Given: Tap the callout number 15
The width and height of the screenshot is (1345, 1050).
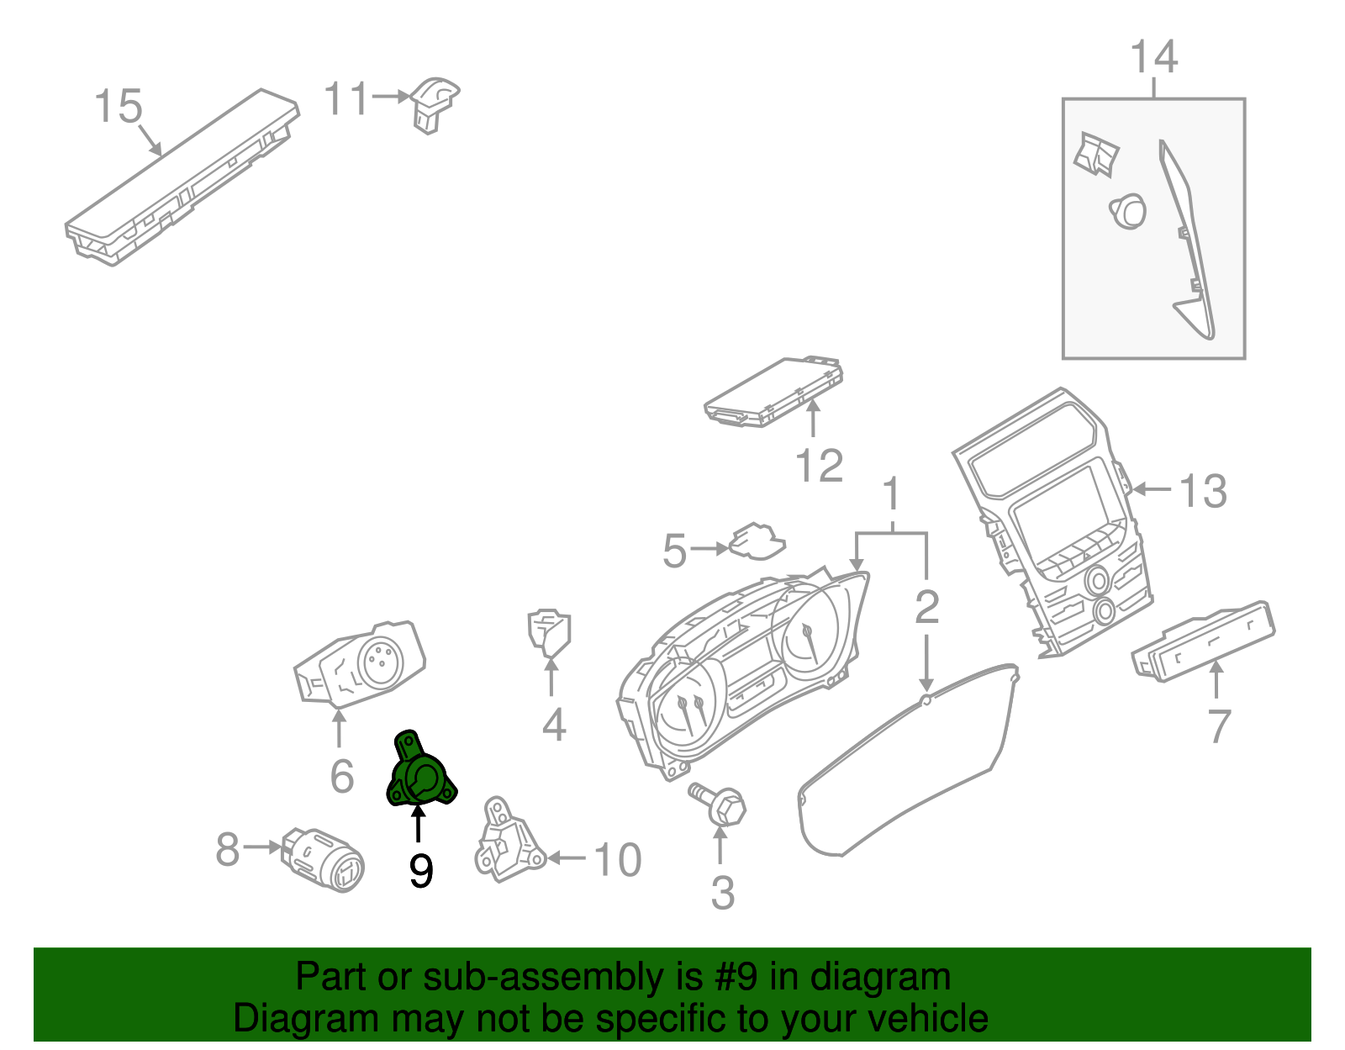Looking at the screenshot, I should [x=118, y=107].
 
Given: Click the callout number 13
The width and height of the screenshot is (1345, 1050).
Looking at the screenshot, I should [x=1202, y=491].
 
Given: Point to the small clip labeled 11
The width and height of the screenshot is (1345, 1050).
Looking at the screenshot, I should [x=433, y=104].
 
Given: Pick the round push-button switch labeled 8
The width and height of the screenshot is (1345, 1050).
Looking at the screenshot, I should [x=326, y=859].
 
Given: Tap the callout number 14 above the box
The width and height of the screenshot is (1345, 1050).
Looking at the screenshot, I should [x=1153, y=57].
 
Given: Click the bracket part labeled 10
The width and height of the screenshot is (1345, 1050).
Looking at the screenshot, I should [x=507, y=841].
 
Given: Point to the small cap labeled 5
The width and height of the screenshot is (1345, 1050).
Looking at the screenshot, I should [x=757, y=542].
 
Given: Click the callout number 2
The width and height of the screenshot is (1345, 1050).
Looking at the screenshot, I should [x=926, y=607].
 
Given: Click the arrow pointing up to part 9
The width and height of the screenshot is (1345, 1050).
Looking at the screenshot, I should [x=418, y=824].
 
